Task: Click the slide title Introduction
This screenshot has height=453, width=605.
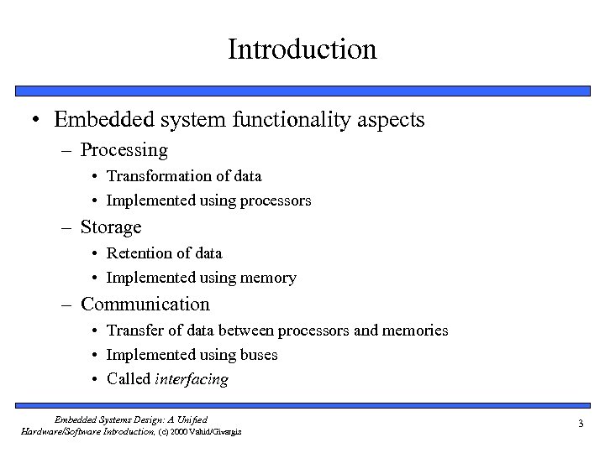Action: pyautogui.click(x=302, y=49)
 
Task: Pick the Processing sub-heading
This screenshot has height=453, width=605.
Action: pyautogui.click(x=124, y=151)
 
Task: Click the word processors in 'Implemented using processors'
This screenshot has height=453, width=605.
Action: pyautogui.click(x=273, y=201)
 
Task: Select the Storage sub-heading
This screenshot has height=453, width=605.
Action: pyautogui.click(x=111, y=227)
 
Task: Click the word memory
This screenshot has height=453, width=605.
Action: pyautogui.click(x=268, y=278)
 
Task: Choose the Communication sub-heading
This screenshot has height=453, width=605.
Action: pyautogui.click(x=145, y=304)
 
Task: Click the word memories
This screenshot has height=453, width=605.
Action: pyautogui.click(x=415, y=331)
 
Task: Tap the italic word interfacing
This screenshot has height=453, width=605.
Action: pyautogui.click(x=192, y=379)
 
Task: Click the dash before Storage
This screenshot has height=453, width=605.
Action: pyautogui.click(x=69, y=228)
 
